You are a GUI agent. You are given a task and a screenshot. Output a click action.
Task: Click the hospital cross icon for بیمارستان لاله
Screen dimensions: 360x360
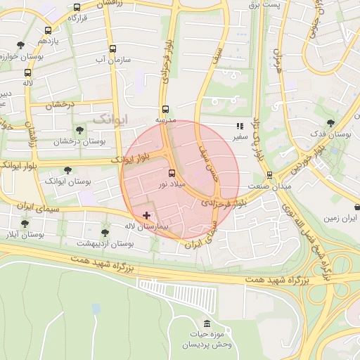[146, 215]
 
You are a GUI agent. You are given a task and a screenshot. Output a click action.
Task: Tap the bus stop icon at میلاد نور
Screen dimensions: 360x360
[172, 172]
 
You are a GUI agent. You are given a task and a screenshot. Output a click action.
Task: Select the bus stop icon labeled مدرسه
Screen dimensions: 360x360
[165, 109]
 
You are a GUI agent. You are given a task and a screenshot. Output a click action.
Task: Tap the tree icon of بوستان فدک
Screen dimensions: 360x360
[330, 123]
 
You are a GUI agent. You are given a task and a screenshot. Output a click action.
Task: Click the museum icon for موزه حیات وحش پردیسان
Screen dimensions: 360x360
[207, 323]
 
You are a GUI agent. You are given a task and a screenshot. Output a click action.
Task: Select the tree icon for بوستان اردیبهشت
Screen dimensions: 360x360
[105, 232]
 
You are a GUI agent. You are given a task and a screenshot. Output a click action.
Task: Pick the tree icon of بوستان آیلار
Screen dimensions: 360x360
[25, 224]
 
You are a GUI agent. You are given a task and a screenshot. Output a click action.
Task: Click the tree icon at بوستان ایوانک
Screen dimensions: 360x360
[67, 170]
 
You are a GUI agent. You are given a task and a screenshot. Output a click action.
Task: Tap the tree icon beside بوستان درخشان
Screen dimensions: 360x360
[79, 130]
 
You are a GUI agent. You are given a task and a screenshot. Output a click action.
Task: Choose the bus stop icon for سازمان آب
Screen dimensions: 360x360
[112, 49]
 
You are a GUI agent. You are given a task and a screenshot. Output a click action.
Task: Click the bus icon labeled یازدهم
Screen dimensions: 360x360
[47, 30]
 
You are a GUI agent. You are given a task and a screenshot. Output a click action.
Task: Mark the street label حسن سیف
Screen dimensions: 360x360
[211, 160]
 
